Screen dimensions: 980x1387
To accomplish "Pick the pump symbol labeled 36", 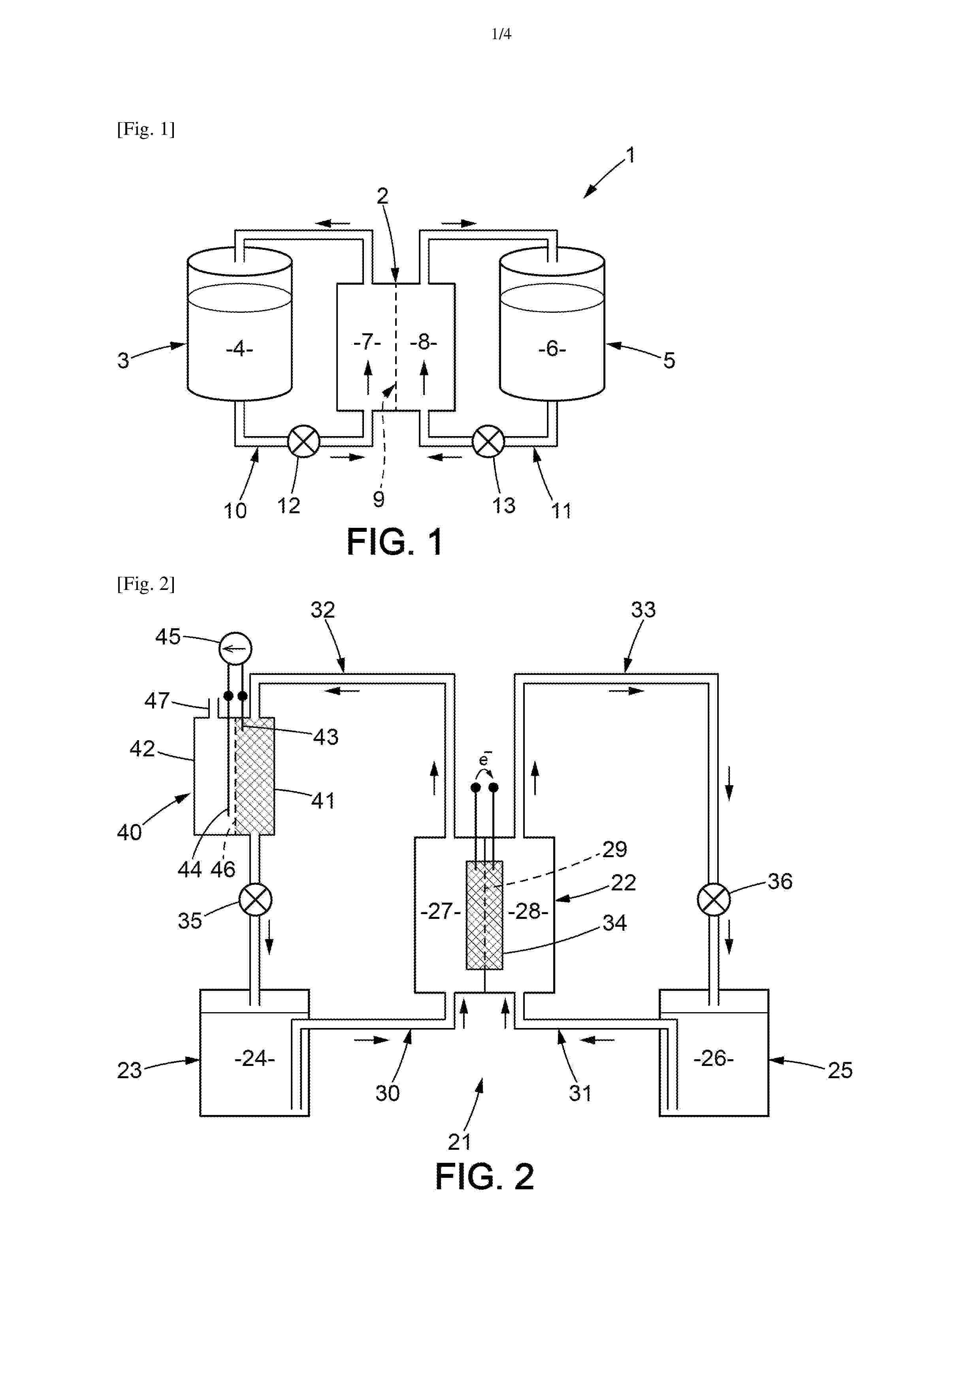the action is (714, 899).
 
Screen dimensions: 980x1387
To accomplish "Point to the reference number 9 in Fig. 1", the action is (379, 499).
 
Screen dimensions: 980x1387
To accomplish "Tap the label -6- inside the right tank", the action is (552, 349).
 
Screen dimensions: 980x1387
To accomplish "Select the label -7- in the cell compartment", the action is (367, 342).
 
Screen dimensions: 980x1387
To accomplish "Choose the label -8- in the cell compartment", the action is (423, 342).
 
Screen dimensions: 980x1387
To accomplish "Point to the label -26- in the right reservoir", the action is (714, 1058).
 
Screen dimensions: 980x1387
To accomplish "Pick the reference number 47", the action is (157, 701).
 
